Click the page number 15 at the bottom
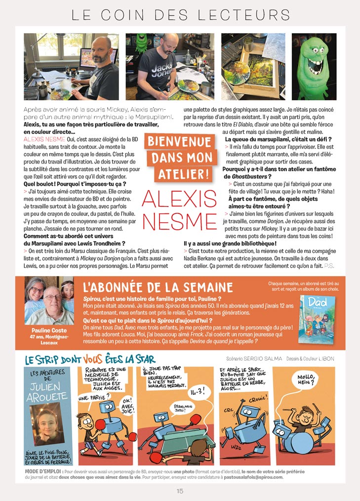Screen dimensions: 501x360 (180, 491)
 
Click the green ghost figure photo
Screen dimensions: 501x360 (314, 67)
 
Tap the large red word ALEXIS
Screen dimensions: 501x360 (179, 199)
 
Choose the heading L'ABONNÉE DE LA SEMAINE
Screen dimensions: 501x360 (158, 288)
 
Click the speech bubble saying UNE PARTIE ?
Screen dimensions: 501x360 (93, 398)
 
